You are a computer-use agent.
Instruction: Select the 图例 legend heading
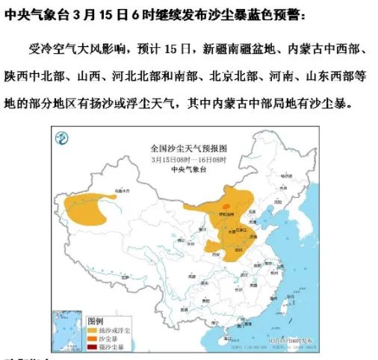tap(96, 318)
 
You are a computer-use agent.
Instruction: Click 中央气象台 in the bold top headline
tap(29, 14)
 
